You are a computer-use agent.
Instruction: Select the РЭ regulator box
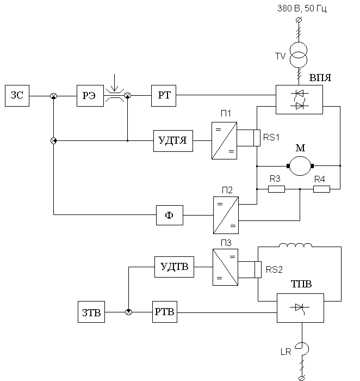[90, 95]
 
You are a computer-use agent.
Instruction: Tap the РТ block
[164, 95]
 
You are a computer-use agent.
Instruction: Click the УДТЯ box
[173, 140]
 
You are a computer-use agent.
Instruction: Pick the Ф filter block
[169, 215]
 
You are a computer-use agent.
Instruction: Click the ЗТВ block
[90, 312]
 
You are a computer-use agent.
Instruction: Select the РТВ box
[165, 312]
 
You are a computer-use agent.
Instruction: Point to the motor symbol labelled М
[299, 164]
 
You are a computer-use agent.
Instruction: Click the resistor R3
[276, 189]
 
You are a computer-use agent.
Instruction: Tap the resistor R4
[321, 189]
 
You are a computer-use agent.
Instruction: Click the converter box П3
[225, 267]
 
